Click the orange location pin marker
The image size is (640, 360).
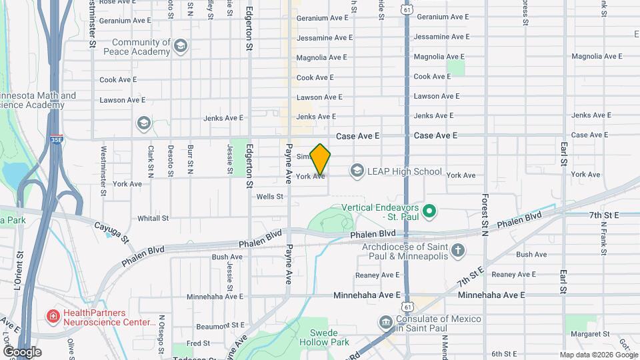coord(321,159)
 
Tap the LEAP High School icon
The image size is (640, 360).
coord(357,171)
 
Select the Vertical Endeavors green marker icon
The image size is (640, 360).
coord(430,213)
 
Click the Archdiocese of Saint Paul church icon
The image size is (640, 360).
coord(457,251)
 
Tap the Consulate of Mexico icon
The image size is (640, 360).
coord(385,323)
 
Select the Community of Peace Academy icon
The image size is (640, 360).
coord(181,46)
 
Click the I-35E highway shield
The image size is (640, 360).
coord(55,141)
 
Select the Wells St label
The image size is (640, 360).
coord(270,197)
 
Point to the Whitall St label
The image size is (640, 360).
coord(153,218)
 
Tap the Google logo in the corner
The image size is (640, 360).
coord(22,352)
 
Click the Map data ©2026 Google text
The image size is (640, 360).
coord(599,355)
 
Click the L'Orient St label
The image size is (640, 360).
coord(19,271)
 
